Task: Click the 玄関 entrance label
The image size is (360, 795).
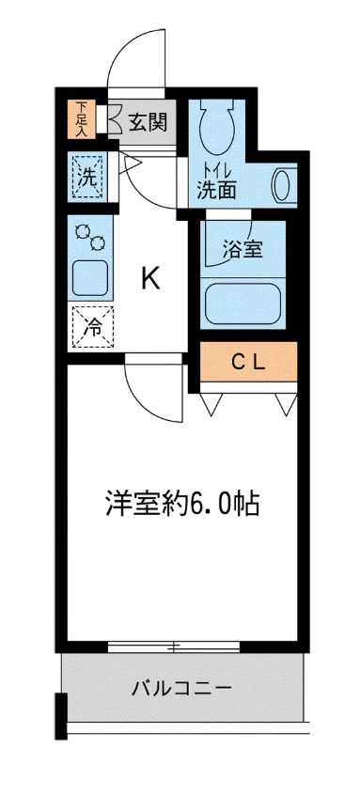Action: pos(149,121)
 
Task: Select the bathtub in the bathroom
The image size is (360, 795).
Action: pos(243,304)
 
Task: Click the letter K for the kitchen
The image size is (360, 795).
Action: pos(149,277)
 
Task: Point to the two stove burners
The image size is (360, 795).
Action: pos(90,236)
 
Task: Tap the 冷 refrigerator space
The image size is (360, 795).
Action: pos(91,328)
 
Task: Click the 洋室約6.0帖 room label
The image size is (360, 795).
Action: pos(180,504)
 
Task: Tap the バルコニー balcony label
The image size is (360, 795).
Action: pos(180,689)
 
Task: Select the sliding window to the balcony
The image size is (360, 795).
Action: pos(173,647)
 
